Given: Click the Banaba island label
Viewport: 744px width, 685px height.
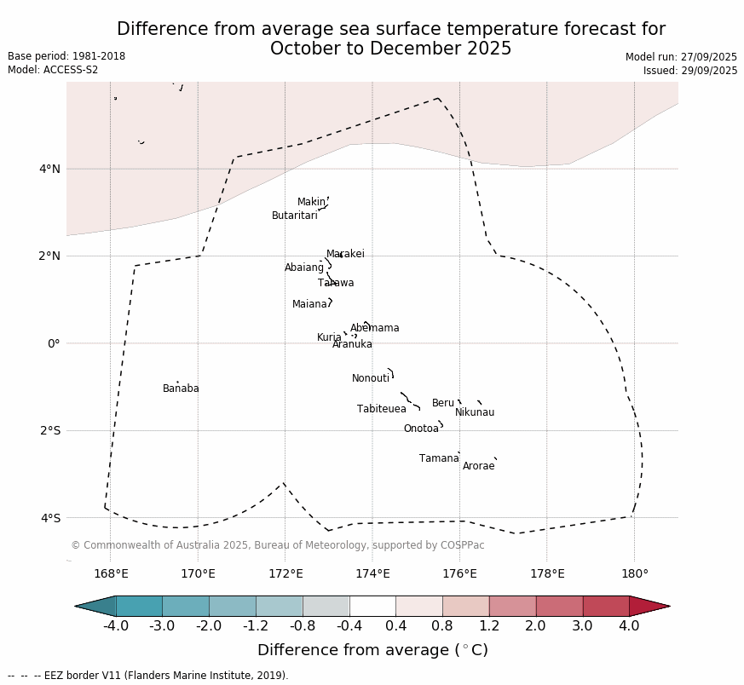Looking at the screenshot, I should tap(181, 389).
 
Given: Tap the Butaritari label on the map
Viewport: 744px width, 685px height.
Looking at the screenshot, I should tap(294, 216).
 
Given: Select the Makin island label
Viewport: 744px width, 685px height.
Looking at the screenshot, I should tap(311, 202).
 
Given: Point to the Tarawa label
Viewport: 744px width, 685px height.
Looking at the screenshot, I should tap(336, 283).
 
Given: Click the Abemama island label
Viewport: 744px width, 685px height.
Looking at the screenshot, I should tap(374, 328).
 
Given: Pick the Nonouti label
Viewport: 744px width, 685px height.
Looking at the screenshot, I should tap(371, 378).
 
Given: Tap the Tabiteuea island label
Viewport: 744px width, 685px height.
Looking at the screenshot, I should tap(382, 409).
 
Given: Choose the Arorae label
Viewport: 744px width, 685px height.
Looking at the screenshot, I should tap(478, 466).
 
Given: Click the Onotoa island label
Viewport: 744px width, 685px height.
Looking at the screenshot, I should tap(421, 429).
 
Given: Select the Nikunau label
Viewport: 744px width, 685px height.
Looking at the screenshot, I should tap(475, 412).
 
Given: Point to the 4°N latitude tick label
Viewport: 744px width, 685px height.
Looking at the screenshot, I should tap(50, 169).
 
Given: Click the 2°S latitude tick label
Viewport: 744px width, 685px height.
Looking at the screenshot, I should tap(50, 430).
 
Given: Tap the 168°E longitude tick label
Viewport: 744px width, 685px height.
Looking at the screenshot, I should tap(111, 573).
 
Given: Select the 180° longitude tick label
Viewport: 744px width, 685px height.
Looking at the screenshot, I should tap(634, 573).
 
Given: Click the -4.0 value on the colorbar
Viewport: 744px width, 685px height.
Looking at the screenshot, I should tap(115, 626).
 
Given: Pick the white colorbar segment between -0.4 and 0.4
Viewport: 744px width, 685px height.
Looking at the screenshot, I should tap(372, 606).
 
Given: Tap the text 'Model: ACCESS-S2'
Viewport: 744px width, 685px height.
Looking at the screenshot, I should tap(53, 70).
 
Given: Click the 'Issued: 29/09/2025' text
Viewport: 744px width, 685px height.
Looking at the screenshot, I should tap(690, 71).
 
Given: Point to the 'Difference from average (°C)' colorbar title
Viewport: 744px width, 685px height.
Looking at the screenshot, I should tap(372, 650).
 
